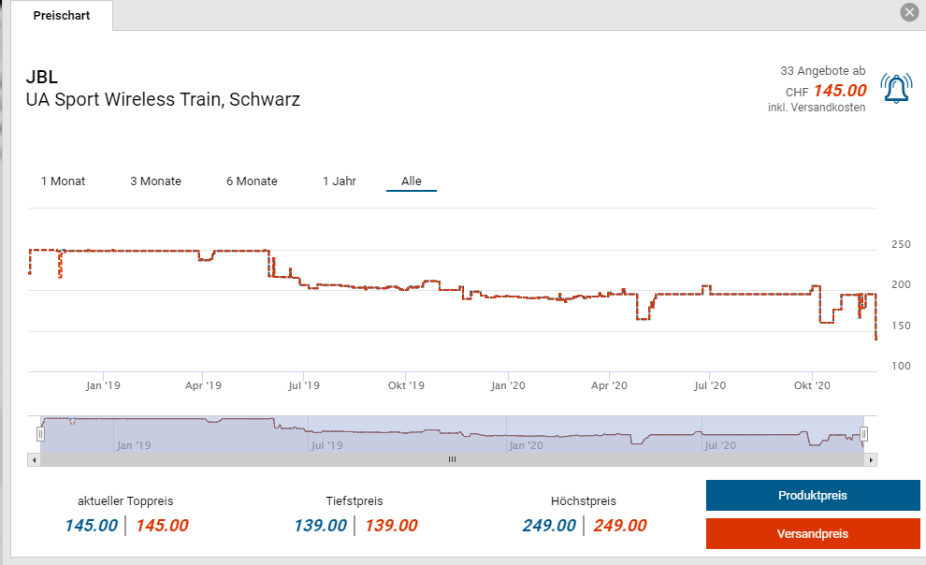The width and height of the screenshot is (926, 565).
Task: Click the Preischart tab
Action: pos(61,16)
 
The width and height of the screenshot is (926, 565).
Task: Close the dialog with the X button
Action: pos(908,12)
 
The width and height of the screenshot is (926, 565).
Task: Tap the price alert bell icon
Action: pos(895,89)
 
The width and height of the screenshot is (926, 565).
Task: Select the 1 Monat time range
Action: pos(63,181)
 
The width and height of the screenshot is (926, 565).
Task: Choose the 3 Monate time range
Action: pos(155,181)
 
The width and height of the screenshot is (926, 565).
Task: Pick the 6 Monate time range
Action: pos(252,181)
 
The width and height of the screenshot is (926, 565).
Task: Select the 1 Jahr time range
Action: pos(339,181)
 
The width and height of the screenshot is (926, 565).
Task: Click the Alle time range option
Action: pos(412,181)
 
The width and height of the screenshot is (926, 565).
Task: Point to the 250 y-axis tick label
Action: pos(900,245)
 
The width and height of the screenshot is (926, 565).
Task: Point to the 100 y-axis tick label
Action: pos(900,366)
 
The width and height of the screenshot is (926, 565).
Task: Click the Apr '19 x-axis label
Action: pos(203,385)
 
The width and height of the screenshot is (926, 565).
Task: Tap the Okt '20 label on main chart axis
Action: pos(812,385)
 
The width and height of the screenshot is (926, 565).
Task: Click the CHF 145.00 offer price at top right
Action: pos(839,92)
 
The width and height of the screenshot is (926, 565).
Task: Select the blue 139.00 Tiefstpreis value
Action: pos(320,526)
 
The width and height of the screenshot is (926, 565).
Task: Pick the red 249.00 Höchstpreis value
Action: pos(619,526)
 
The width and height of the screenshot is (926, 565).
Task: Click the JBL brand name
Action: pos(42,77)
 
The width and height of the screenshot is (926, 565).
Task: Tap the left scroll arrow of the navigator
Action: pos(35,459)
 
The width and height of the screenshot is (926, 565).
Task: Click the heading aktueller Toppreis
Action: pos(125,501)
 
